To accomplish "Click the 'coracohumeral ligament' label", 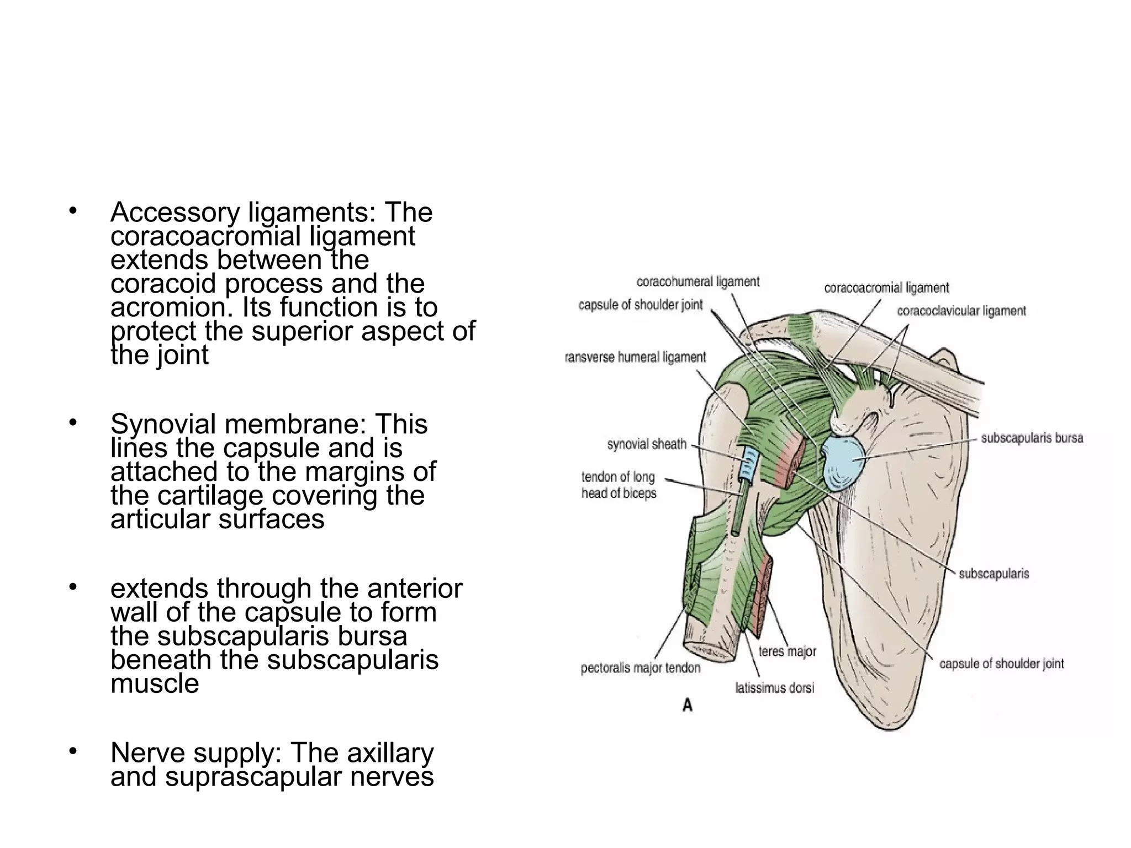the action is (x=698, y=282).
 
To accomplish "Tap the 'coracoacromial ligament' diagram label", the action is (x=886, y=288).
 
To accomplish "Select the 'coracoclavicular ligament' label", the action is (x=961, y=311).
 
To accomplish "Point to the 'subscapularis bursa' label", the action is (x=1032, y=439).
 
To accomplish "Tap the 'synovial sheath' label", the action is (x=647, y=444).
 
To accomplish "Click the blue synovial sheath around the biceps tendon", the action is (x=750, y=463).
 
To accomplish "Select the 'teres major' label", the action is (x=787, y=652).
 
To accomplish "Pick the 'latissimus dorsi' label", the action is (x=774, y=688).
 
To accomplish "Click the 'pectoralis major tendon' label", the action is (x=641, y=669).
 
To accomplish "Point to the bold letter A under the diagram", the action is (x=688, y=705).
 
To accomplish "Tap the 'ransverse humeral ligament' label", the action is (x=636, y=358).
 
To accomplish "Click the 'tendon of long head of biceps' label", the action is (x=619, y=485).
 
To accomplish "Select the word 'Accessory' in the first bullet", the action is (x=175, y=213).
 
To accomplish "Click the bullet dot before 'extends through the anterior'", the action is (x=72, y=587).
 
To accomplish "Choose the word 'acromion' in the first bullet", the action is (x=172, y=308).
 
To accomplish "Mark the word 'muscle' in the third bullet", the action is (x=155, y=683).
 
